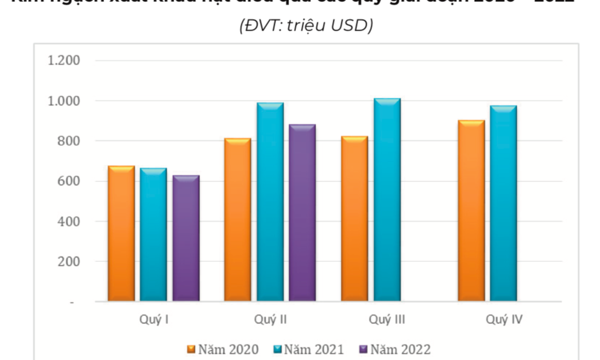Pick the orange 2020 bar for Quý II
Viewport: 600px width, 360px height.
[238, 219]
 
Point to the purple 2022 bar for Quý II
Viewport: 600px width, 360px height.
[302, 213]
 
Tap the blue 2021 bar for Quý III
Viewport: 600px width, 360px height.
[387, 199]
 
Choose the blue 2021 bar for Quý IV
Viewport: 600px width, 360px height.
[503, 203]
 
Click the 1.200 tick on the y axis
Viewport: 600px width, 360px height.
[64, 61]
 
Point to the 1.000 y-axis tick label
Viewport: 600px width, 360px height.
[64, 101]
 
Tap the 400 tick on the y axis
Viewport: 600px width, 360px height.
[69, 221]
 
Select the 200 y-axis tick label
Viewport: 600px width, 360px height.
[69, 262]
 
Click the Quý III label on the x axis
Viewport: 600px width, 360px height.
[387, 319]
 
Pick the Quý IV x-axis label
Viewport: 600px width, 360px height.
[504, 319]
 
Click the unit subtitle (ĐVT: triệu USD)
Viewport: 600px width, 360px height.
[306, 26]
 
